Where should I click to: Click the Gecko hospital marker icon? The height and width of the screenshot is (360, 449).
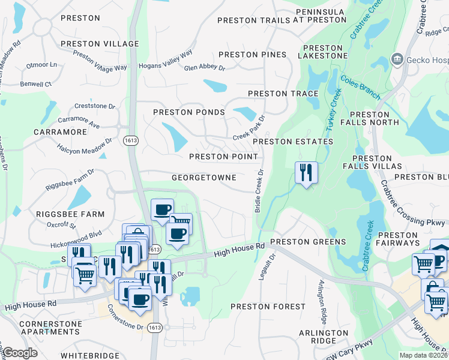point(397,59)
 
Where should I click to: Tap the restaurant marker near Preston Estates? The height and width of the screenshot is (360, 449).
point(306,173)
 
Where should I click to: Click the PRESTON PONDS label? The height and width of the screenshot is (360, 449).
point(188,112)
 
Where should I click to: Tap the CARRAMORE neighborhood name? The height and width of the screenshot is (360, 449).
point(60,131)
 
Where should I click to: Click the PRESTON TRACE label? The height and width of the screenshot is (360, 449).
point(283,94)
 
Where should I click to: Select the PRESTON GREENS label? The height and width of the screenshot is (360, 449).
point(308,242)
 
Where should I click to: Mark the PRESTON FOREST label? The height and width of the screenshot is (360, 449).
point(268,306)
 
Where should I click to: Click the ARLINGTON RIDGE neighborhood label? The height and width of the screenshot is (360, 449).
point(324,337)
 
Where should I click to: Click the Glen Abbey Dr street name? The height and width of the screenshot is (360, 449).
point(204,68)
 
